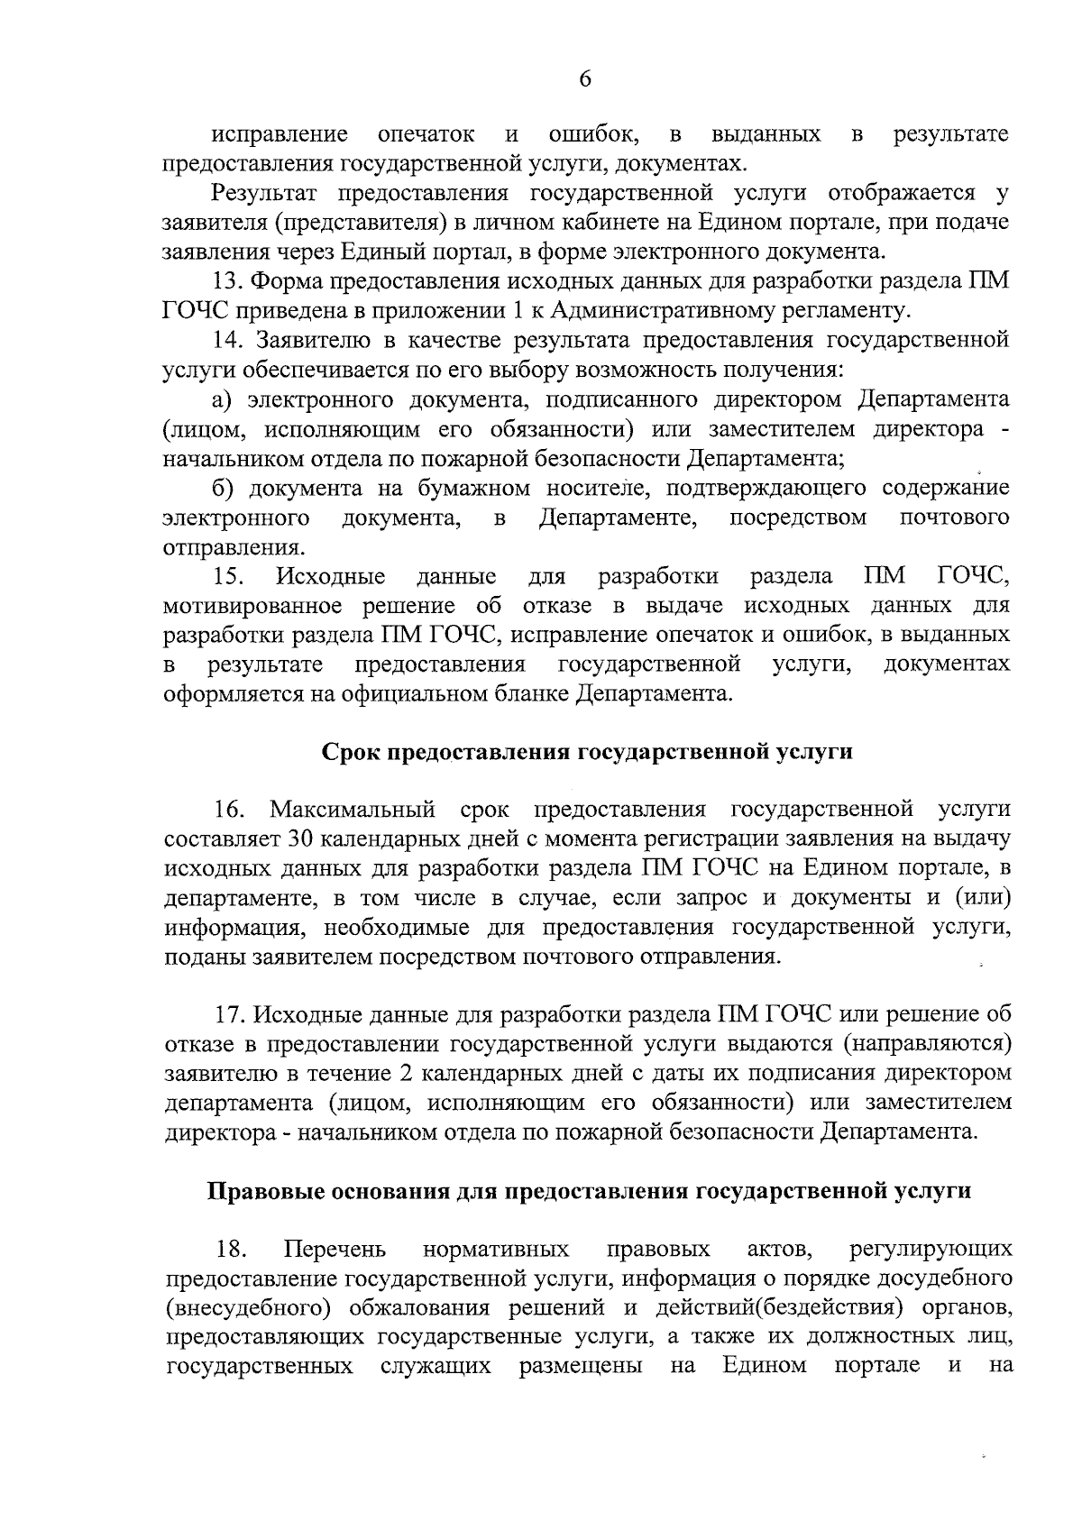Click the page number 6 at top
click(584, 79)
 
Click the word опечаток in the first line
click(426, 135)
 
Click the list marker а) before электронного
click(224, 399)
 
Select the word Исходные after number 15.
click(331, 576)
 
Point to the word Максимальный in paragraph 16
click(353, 810)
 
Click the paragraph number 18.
click(232, 1250)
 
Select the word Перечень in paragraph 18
click(335, 1250)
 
